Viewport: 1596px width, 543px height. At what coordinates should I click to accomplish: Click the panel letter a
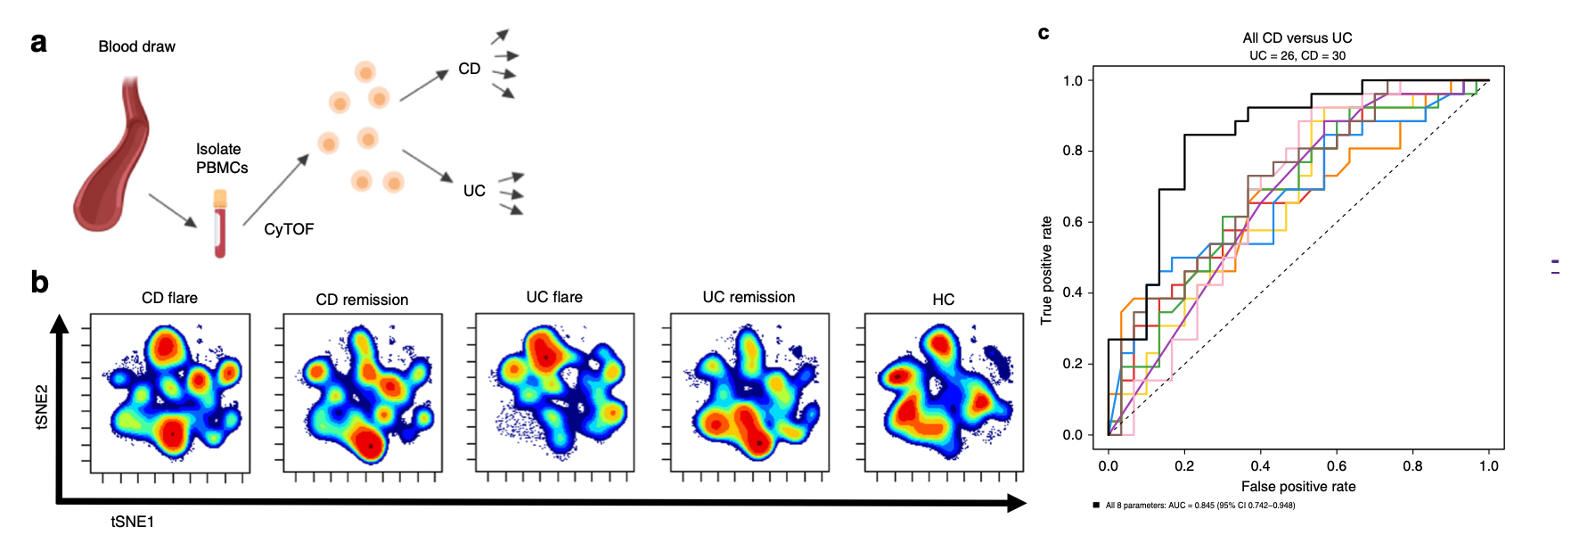coord(38,44)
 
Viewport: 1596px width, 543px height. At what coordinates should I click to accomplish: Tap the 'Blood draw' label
coord(136,46)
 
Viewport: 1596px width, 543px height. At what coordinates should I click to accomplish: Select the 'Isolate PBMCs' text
coord(221,159)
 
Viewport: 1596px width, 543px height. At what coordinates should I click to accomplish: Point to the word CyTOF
coord(289,229)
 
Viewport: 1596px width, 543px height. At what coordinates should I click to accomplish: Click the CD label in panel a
coord(469,69)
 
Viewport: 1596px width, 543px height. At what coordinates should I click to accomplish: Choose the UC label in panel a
coord(474,191)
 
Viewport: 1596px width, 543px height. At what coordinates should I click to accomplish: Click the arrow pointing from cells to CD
coord(424,86)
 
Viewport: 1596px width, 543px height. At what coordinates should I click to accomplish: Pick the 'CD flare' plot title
coord(169,298)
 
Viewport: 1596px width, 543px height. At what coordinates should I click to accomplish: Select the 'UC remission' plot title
coord(749,297)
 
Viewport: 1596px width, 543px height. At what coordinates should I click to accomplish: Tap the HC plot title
coord(943,300)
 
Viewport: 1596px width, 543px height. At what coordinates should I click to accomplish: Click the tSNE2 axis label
coord(42,407)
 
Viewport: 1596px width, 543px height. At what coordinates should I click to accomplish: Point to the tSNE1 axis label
coord(132,522)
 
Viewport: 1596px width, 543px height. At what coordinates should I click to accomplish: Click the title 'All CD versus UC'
coord(1297,37)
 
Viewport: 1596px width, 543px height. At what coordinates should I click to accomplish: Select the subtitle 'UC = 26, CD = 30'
coord(1297,55)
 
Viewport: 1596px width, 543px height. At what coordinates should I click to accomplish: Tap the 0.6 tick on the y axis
coord(1072,222)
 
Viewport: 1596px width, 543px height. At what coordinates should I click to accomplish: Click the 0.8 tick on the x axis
coord(1412,465)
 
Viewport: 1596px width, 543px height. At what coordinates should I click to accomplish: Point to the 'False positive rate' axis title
coord(1298,486)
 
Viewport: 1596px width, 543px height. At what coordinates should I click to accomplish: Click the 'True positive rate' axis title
coord(1047,269)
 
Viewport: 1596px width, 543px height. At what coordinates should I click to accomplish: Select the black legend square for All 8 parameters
coord(1096,506)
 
